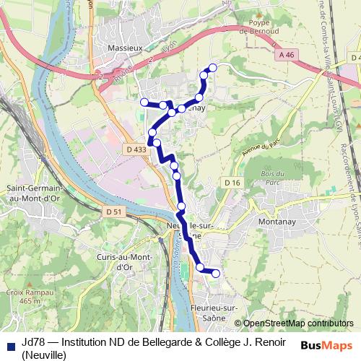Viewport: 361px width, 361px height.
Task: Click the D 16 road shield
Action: (231, 183)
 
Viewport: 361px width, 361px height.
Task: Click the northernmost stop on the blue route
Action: (212, 68)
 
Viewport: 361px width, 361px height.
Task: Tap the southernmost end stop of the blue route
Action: (215, 273)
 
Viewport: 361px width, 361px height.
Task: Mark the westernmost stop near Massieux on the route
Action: (144, 102)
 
